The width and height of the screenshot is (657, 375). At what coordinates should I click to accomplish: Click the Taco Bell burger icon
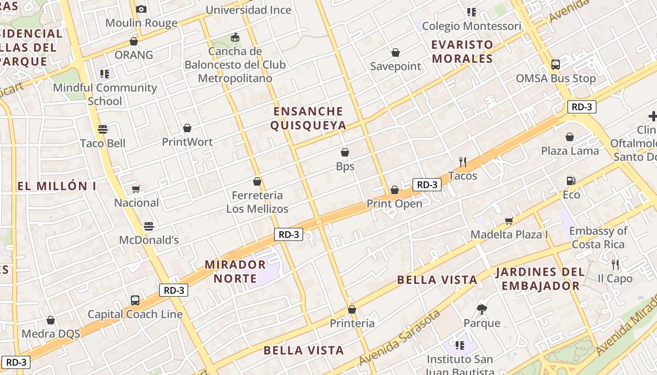point(103,129)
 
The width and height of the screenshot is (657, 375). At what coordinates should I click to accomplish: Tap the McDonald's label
point(149,240)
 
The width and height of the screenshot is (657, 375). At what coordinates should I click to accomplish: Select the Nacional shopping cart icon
point(136,189)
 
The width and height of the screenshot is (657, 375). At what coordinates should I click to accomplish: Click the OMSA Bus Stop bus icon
point(556,65)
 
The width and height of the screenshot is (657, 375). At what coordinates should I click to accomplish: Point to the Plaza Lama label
point(570,151)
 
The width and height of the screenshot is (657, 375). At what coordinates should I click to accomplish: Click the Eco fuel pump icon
point(571,181)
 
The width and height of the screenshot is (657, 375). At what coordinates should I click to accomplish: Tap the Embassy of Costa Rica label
point(598,238)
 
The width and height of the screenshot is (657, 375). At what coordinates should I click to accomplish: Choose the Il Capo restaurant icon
point(615,265)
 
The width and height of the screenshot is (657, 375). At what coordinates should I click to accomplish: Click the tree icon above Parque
point(482,309)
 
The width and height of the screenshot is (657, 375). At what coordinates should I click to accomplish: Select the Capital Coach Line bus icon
point(135,300)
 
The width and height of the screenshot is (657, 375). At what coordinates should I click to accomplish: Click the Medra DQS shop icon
point(51,320)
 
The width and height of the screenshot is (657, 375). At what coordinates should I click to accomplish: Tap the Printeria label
point(352,323)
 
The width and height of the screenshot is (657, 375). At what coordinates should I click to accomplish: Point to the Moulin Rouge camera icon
point(141,9)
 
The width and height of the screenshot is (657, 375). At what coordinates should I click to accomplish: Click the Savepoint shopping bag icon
point(396,52)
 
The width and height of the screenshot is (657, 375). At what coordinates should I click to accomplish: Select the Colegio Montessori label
point(472,26)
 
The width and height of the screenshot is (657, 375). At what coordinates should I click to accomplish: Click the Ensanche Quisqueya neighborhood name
point(308,118)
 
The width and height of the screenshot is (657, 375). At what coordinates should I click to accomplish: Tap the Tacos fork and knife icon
point(463,162)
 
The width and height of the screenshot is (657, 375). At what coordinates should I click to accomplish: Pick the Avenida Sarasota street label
point(399,337)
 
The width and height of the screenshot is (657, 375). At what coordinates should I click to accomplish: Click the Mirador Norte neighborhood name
point(235,271)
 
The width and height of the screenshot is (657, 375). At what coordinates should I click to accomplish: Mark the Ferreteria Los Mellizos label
point(257,202)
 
